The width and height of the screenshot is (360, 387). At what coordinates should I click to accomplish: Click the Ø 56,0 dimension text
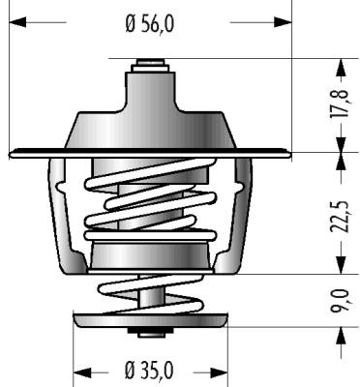pos(150,23)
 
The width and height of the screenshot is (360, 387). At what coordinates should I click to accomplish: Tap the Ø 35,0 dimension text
pos(149,370)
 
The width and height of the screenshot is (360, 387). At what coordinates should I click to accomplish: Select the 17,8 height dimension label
pos(340,103)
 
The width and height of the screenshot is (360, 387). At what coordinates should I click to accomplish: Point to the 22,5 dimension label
pos(340,216)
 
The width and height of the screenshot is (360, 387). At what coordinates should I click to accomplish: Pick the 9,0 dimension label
pos(340,301)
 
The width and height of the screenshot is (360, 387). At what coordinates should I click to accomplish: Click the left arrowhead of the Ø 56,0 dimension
pos(17,22)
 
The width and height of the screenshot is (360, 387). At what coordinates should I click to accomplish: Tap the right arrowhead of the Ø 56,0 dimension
pos(283,22)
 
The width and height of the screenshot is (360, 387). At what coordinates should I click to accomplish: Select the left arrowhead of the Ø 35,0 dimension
pos(82,372)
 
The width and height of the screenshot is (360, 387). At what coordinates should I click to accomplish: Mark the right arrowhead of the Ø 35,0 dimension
pos(220,372)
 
